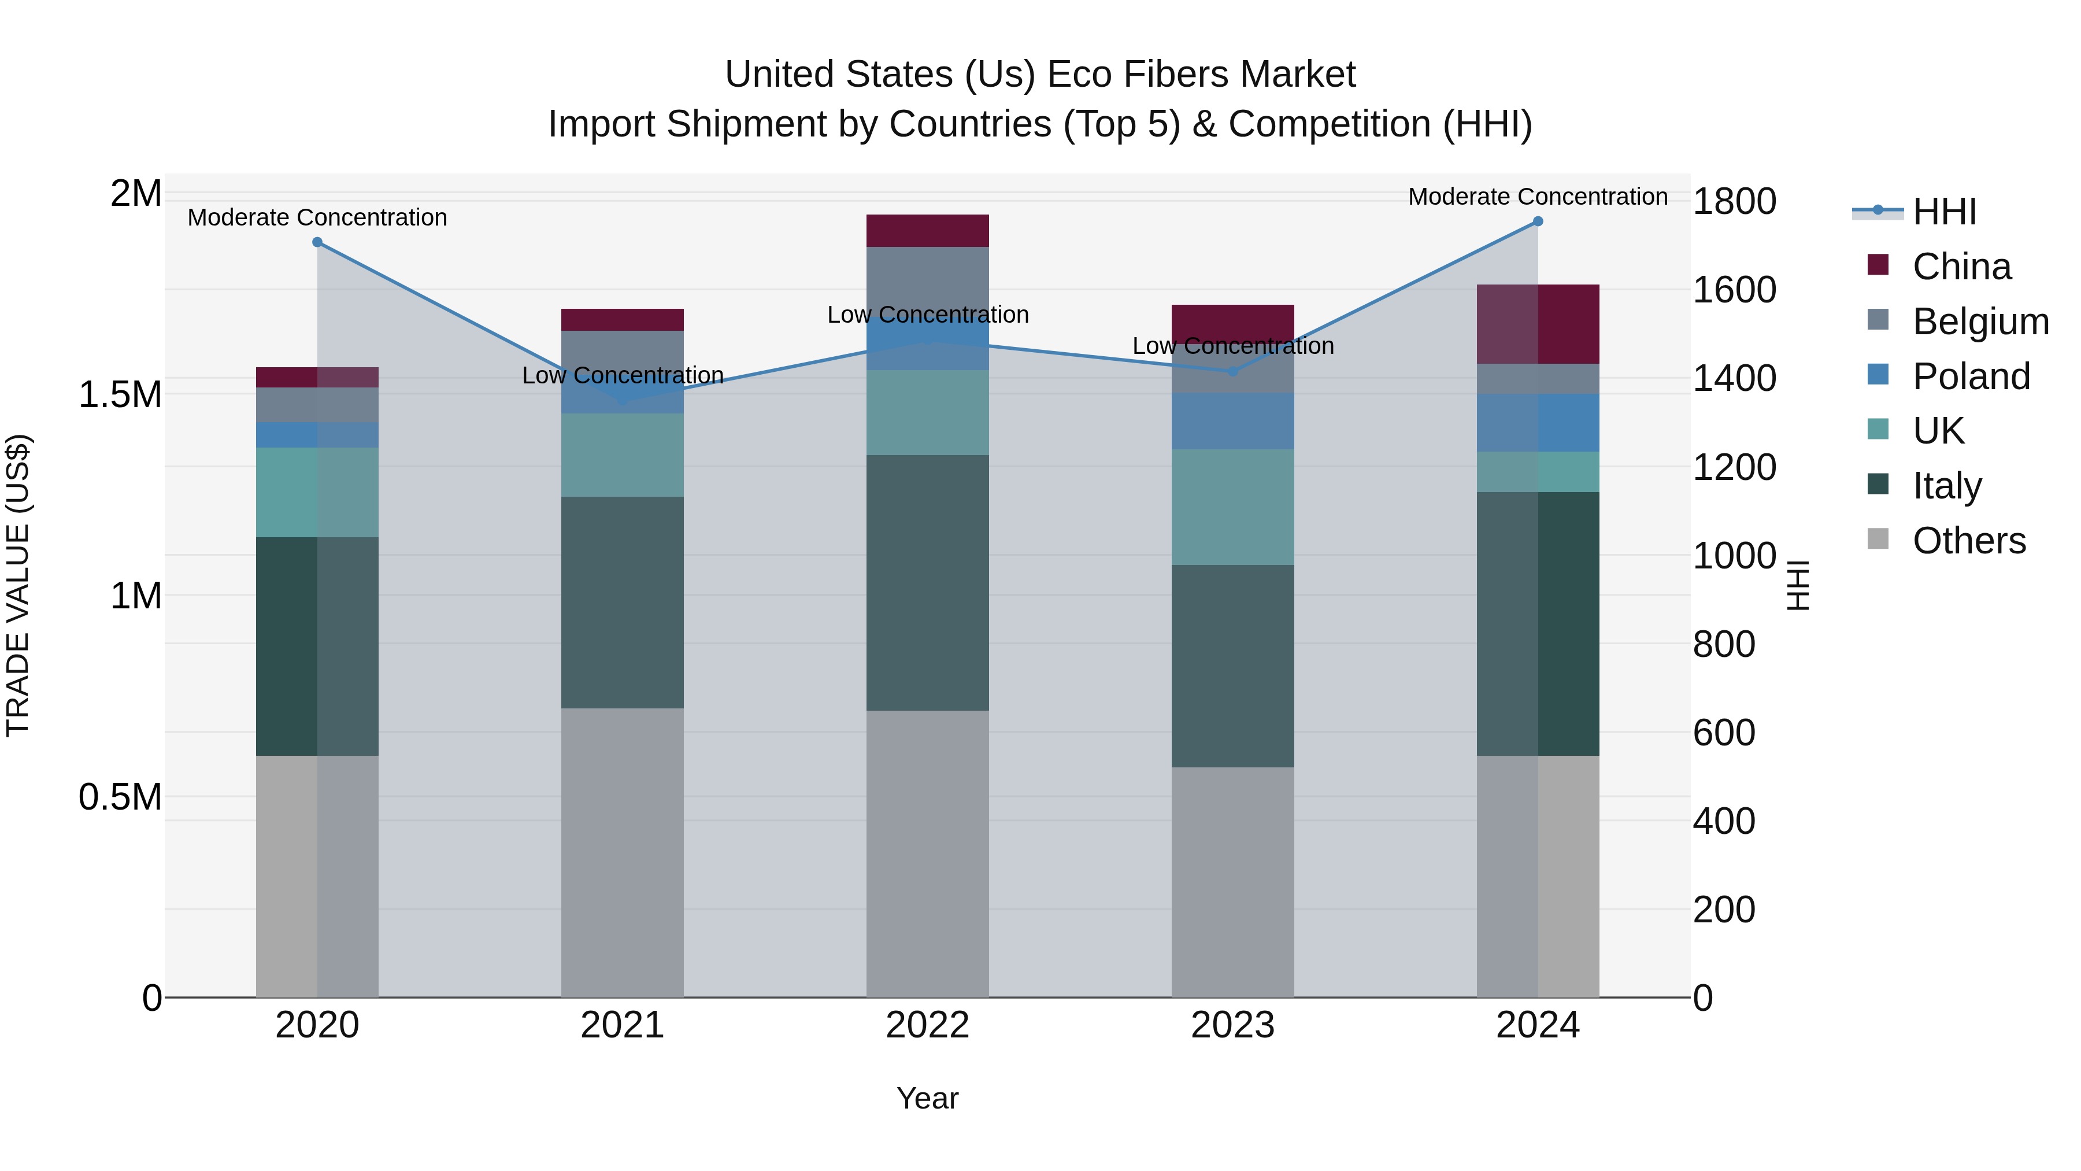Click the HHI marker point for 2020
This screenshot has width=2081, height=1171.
[x=317, y=242]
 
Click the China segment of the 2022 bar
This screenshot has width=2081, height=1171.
[x=927, y=231]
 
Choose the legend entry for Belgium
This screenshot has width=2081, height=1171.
[x=1980, y=322]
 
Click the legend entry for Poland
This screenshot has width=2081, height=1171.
[x=1971, y=376]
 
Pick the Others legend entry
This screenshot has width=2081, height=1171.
[x=1969, y=541]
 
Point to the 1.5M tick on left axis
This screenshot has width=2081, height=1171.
[x=120, y=395]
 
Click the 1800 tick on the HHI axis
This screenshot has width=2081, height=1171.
[x=1734, y=201]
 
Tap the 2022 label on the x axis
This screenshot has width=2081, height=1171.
[x=927, y=1025]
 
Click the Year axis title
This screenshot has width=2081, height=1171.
[x=927, y=1098]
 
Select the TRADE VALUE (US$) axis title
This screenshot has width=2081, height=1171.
[x=18, y=586]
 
